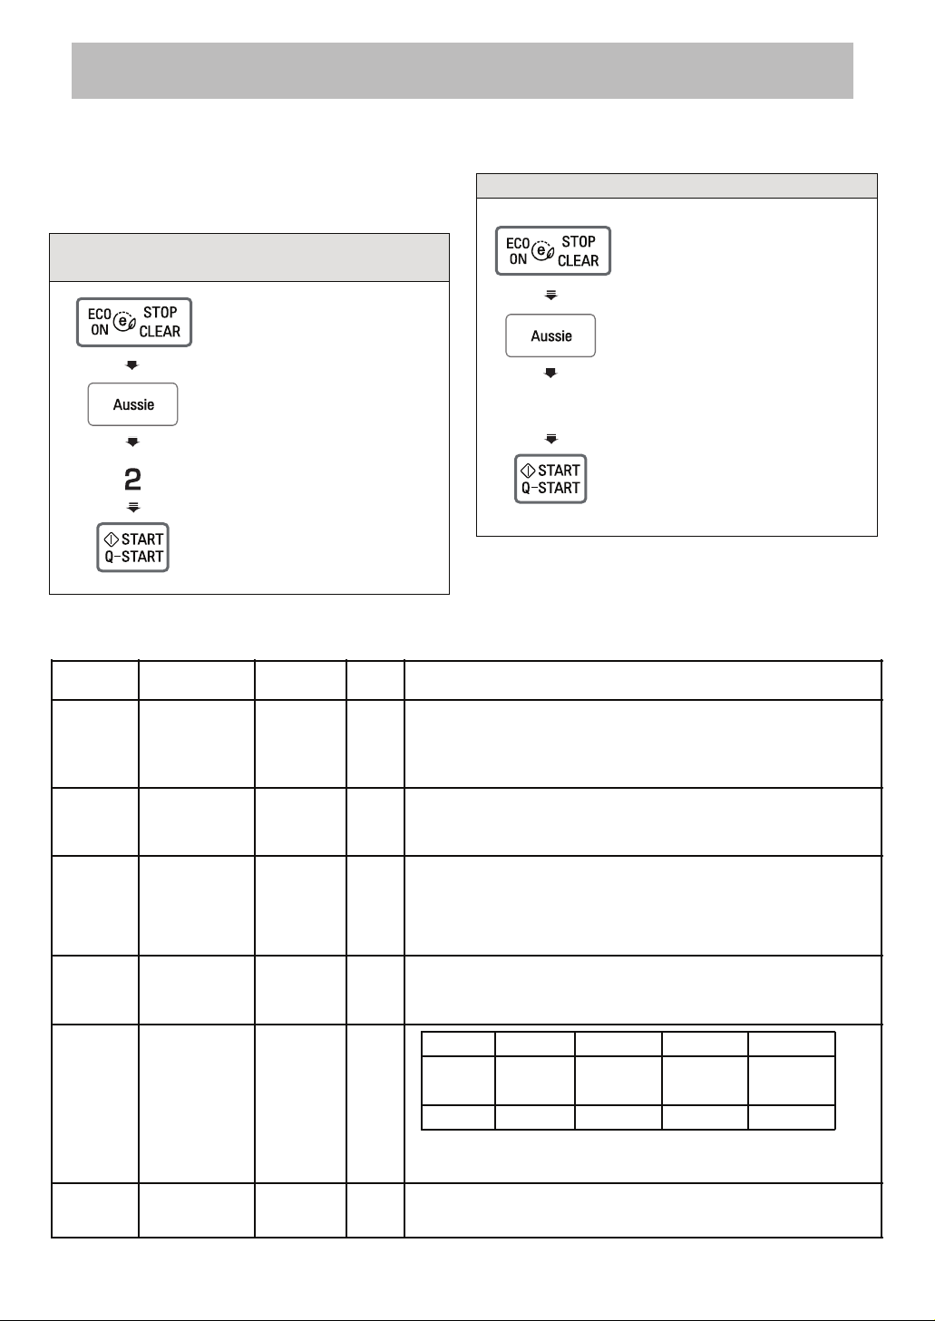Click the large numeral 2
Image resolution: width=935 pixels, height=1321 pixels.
point(132,480)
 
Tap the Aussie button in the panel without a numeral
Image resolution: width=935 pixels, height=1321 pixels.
point(550,335)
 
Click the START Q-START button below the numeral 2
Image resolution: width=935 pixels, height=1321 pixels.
point(132,548)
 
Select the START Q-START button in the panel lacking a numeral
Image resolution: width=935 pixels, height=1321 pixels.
point(550,479)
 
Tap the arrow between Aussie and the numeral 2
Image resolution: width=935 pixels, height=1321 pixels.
point(132,442)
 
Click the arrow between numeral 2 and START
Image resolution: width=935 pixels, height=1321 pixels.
point(133,507)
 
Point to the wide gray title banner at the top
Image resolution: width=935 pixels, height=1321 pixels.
point(463,71)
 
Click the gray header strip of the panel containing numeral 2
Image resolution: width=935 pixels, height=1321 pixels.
point(249,257)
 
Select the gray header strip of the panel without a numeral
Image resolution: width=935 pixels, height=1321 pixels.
point(677,186)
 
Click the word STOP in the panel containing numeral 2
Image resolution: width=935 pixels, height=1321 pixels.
point(160,313)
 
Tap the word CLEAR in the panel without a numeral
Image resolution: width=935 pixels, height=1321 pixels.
point(578,260)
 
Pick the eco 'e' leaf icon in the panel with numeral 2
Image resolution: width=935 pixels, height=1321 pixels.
point(124,321)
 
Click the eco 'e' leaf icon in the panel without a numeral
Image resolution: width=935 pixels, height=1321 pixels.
point(542,250)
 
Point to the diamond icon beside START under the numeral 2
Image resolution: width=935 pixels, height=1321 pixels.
point(111,539)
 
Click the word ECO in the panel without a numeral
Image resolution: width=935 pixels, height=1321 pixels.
point(518,244)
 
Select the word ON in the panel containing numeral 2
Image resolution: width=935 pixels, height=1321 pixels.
point(99,330)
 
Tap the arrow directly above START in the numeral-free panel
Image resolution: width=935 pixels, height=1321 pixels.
point(551,439)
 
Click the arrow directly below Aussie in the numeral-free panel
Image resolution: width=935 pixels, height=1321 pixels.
point(550,373)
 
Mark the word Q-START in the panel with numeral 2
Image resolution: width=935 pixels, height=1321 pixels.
point(134,557)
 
